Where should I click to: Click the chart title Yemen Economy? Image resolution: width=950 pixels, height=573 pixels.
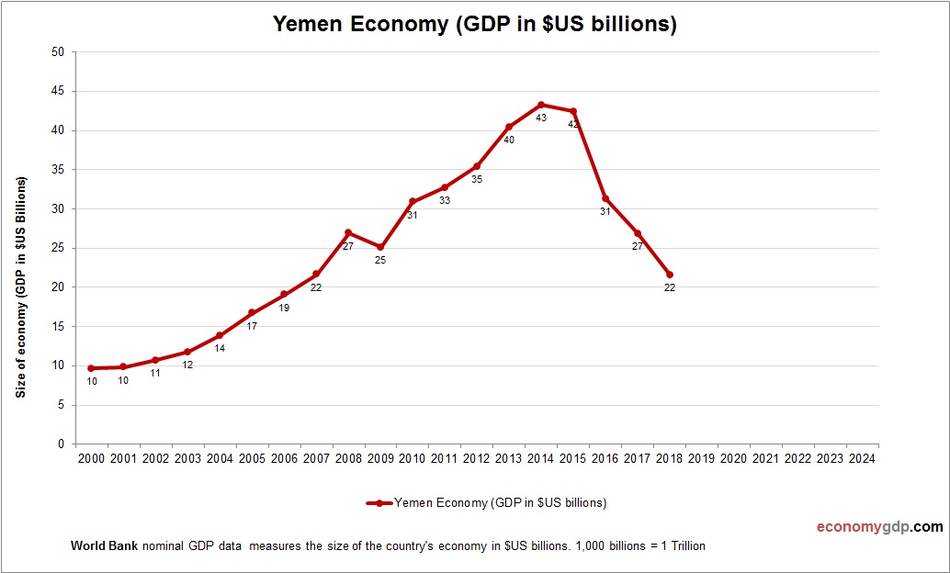click(474, 25)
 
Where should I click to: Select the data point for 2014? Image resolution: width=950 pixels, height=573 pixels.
click(541, 105)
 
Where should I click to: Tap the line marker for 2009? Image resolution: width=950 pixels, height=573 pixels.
click(380, 247)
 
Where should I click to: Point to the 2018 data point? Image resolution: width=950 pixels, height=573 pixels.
click(670, 275)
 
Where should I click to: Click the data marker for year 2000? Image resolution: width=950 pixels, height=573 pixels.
click(91, 368)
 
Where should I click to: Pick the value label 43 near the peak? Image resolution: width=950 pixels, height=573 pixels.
click(541, 118)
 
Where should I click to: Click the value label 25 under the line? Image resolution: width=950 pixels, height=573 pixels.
click(380, 260)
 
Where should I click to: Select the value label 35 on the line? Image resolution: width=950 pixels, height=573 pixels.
click(477, 179)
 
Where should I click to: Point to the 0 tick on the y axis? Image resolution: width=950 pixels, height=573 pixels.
click(61, 444)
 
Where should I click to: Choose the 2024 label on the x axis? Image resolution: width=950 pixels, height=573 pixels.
click(862, 458)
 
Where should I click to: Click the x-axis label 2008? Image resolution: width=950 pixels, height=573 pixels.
click(348, 458)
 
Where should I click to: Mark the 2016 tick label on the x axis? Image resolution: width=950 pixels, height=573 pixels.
click(605, 458)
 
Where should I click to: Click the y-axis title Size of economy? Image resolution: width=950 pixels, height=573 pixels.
click(20, 286)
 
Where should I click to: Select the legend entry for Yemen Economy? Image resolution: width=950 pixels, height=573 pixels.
click(487, 502)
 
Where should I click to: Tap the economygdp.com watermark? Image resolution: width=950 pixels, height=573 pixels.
click(880, 527)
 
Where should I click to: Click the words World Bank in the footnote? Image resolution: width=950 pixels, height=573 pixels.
click(104, 545)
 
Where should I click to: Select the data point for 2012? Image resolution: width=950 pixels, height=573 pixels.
click(477, 166)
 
